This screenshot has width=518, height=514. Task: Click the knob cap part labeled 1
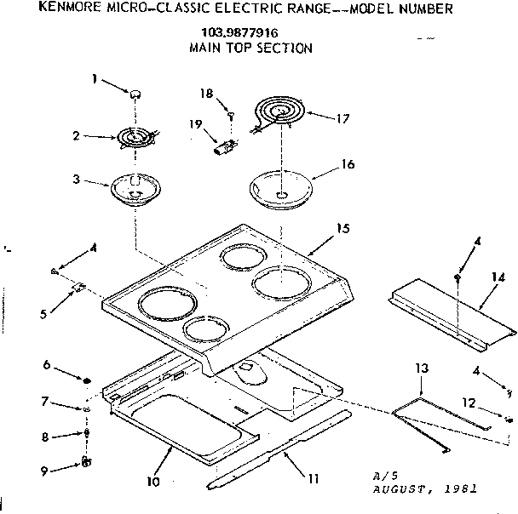135,93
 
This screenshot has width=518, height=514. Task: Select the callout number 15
342,229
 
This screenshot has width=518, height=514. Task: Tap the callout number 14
498,277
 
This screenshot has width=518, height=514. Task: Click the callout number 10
153,481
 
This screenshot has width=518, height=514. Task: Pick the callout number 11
314,478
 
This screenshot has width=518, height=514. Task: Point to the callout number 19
195,124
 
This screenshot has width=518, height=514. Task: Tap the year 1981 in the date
460,490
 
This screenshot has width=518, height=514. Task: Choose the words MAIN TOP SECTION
250,48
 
